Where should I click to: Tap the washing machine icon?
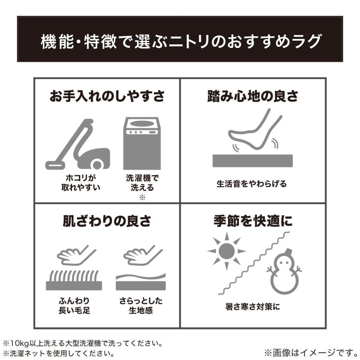[142, 144]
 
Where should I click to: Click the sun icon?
[227, 251]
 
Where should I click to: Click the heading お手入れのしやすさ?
[107, 96]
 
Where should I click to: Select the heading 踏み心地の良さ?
[253, 96]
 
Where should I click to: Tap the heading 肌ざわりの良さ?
[107, 221]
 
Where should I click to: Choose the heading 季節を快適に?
[253, 221]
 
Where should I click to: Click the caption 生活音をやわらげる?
[252, 184]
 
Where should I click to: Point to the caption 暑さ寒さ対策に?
[252, 306]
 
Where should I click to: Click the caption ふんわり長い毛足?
[74, 306]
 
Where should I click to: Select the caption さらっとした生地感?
[141, 306]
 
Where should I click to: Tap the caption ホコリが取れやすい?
[81, 183]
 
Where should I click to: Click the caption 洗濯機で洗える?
[142, 183]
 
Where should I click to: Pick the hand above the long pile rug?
[76, 255]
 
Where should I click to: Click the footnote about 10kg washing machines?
[83, 344]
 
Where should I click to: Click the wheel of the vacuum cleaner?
[97, 164]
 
